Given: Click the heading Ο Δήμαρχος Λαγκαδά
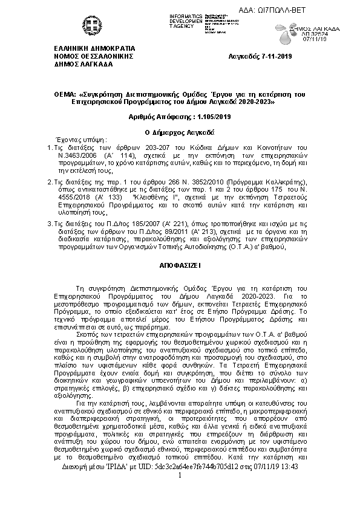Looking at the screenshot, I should [180, 131].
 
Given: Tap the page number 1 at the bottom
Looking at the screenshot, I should [180, 494].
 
